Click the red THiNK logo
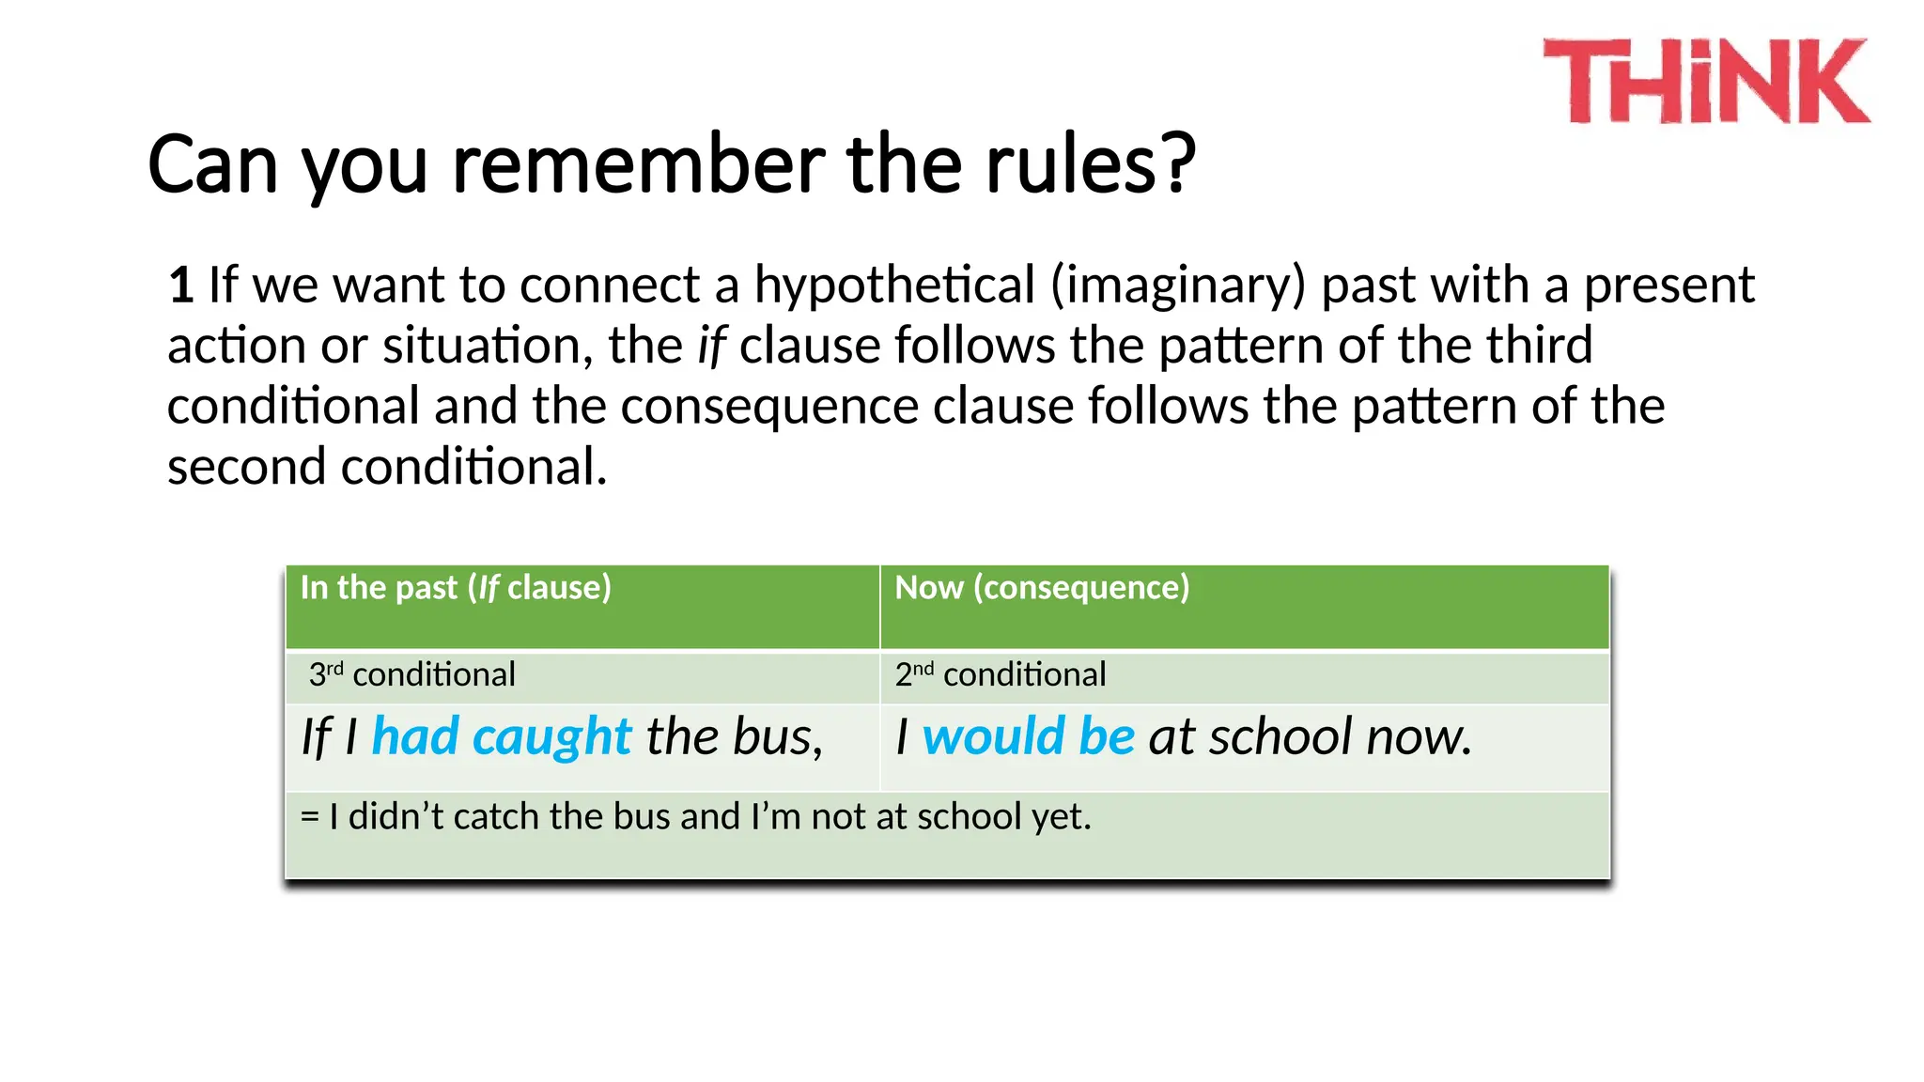click(x=1706, y=81)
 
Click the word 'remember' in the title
click(x=639, y=164)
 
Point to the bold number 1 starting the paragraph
click(x=181, y=285)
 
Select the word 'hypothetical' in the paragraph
click(x=893, y=285)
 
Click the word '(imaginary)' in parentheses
click(x=1178, y=285)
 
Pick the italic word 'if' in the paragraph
click(x=711, y=346)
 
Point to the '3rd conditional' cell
click(x=412, y=674)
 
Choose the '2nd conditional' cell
click(x=1001, y=674)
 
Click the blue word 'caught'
click(x=552, y=736)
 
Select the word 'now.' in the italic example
click(x=1419, y=736)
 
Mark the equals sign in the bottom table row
click(x=309, y=817)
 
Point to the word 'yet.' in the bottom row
click(x=1062, y=817)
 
